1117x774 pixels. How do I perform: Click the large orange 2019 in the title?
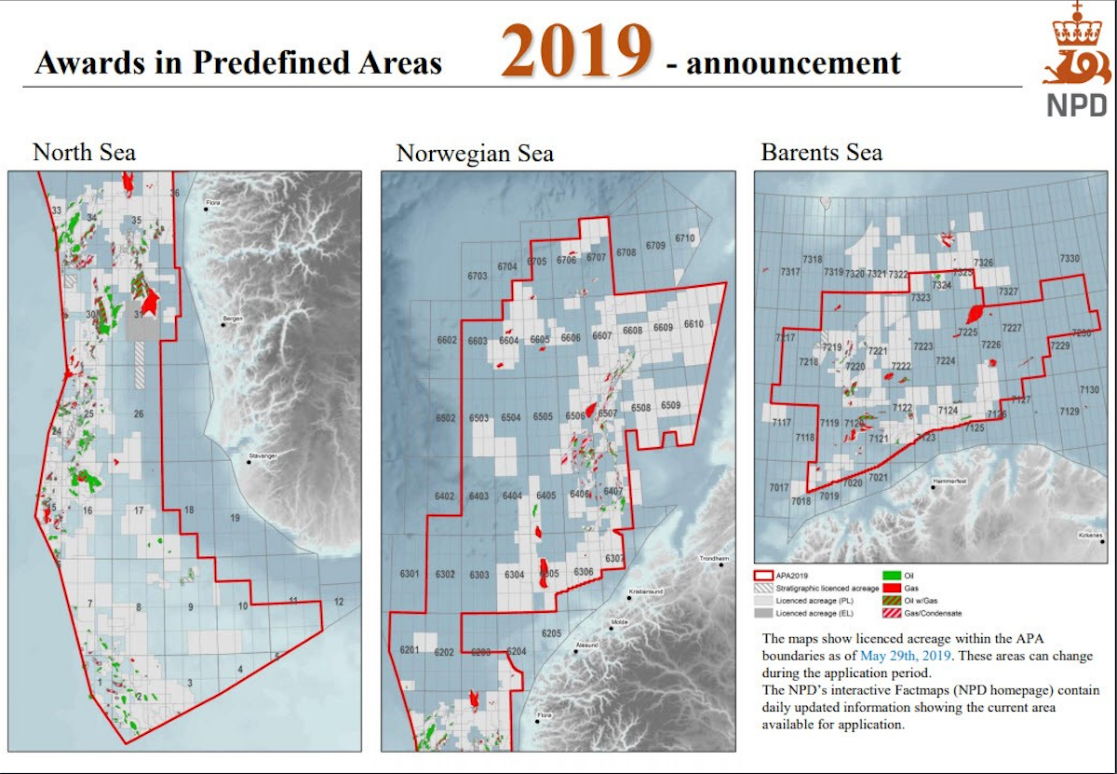tap(577, 54)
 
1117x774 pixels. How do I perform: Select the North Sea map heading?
tap(85, 151)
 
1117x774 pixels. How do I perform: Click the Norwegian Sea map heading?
tap(475, 153)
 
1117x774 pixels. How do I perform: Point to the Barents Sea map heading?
tap(821, 152)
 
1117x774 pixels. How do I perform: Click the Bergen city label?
tap(233, 319)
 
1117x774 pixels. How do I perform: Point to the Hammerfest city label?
tap(950, 482)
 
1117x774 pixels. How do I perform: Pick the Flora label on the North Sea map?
tap(213, 200)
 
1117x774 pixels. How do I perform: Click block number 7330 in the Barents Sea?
tap(1070, 258)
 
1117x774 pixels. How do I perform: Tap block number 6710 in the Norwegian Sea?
tap(684, 238)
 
